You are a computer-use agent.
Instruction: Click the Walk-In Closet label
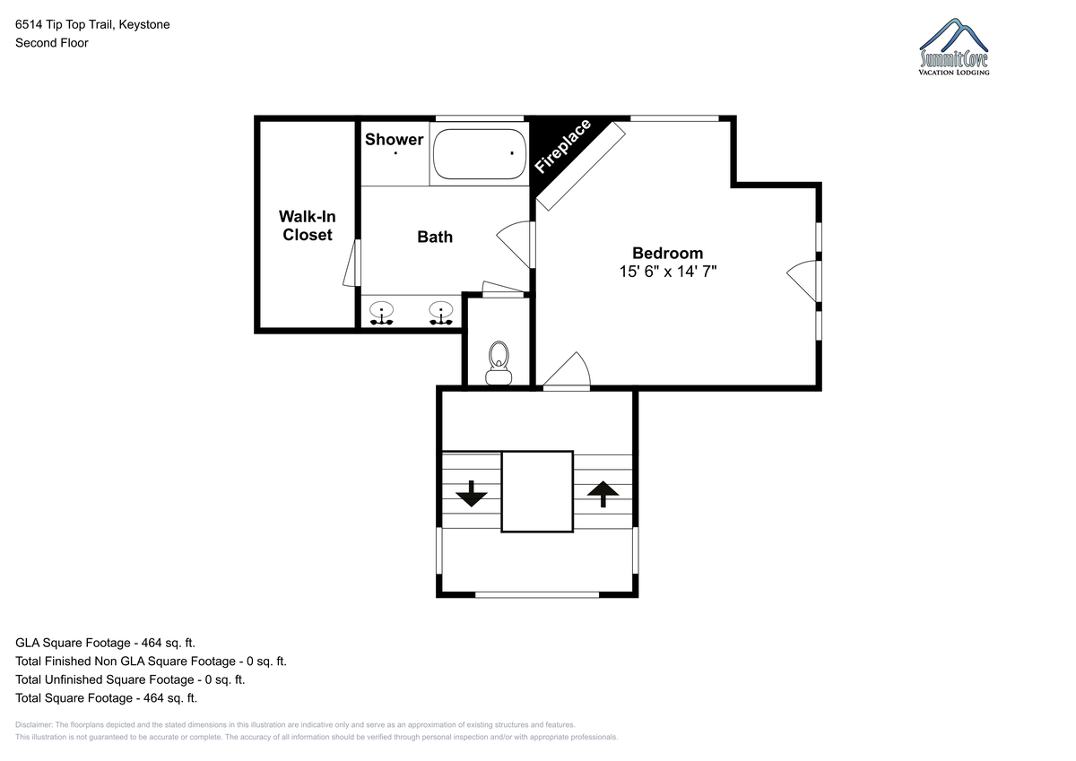pos(307,226)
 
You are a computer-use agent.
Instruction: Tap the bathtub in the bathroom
pos(480,153)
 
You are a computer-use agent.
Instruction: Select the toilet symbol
pos(499,363)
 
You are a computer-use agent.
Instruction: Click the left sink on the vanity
pos(381,313)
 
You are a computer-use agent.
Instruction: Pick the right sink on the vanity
pos(440,313)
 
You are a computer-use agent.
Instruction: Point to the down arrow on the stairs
pos(472,494)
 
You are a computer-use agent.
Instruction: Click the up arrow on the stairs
pos(603,494)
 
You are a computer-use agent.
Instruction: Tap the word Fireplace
pos(562,146)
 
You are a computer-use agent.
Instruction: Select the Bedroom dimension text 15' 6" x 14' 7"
pos(668,272)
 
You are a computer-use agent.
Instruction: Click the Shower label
pos(394,139)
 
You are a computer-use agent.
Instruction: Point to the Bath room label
pos(435,237)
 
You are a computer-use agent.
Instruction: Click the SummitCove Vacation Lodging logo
pos(954,47)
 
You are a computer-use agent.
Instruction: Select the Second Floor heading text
pos(52,43)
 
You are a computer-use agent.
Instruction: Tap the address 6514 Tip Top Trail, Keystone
pos(92,24)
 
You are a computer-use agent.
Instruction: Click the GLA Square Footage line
pos(105,643)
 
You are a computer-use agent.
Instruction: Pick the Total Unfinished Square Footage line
pos(130,679)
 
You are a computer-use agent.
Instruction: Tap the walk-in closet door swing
pos(352,264)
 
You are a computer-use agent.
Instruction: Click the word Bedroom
pos(668,253)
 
